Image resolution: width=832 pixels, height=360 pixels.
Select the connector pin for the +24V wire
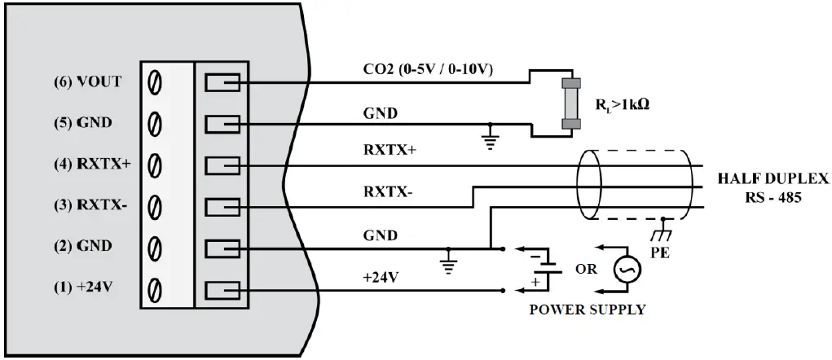click(221, 288)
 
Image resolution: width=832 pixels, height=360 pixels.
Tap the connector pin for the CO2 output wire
click(221, 82)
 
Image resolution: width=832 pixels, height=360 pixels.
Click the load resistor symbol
click(570, 103)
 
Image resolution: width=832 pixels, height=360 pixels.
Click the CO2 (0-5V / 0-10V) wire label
click(429, 70)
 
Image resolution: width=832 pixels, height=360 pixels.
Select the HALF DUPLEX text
click(773, 178)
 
